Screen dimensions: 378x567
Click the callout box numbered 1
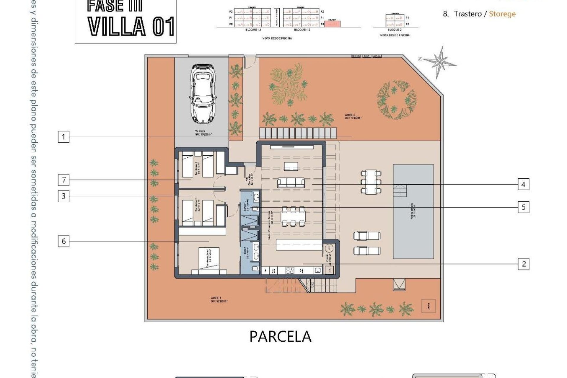click(63, 137)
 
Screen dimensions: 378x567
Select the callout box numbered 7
click(64, 180)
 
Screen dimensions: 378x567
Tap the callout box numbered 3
click(63, 196)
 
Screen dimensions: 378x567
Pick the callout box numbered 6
click(63, 241)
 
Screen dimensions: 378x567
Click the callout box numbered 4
click(523, 184)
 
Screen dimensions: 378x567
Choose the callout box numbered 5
click(523, 207)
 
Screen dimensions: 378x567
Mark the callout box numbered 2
click(524, 264)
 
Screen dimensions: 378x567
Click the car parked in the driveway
click(203, 94)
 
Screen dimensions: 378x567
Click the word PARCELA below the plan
click(280, 336)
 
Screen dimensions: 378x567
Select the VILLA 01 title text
click(131, 27)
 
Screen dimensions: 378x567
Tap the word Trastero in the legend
click(467, 14)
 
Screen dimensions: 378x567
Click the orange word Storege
click(502, 14)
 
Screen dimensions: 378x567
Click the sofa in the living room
click(291, 182)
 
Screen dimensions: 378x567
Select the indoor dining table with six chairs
click(293, 216)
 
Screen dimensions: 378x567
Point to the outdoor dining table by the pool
click(371, 181)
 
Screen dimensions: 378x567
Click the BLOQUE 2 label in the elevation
click(394, 30)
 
